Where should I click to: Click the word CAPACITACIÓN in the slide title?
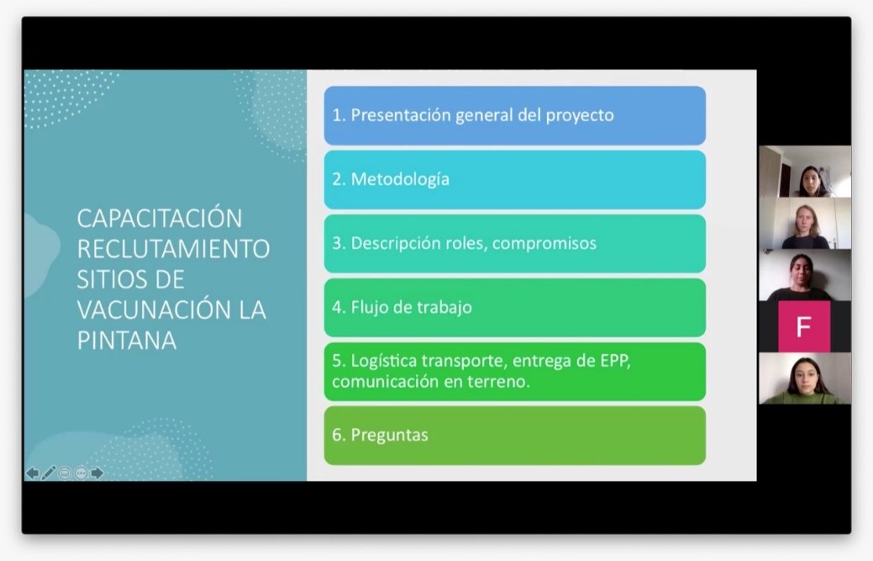point(159,219)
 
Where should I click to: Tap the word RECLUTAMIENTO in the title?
point(173,249)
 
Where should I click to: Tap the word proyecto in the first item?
point(579,115)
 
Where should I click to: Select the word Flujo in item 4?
point(371,307)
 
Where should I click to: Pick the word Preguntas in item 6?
point(389,435)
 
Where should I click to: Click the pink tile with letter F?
point(803,326)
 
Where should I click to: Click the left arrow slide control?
point(32,473)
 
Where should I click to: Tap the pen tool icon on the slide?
point(48,473)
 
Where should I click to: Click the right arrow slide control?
point(97,473)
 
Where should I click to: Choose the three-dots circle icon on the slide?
point(81,473)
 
